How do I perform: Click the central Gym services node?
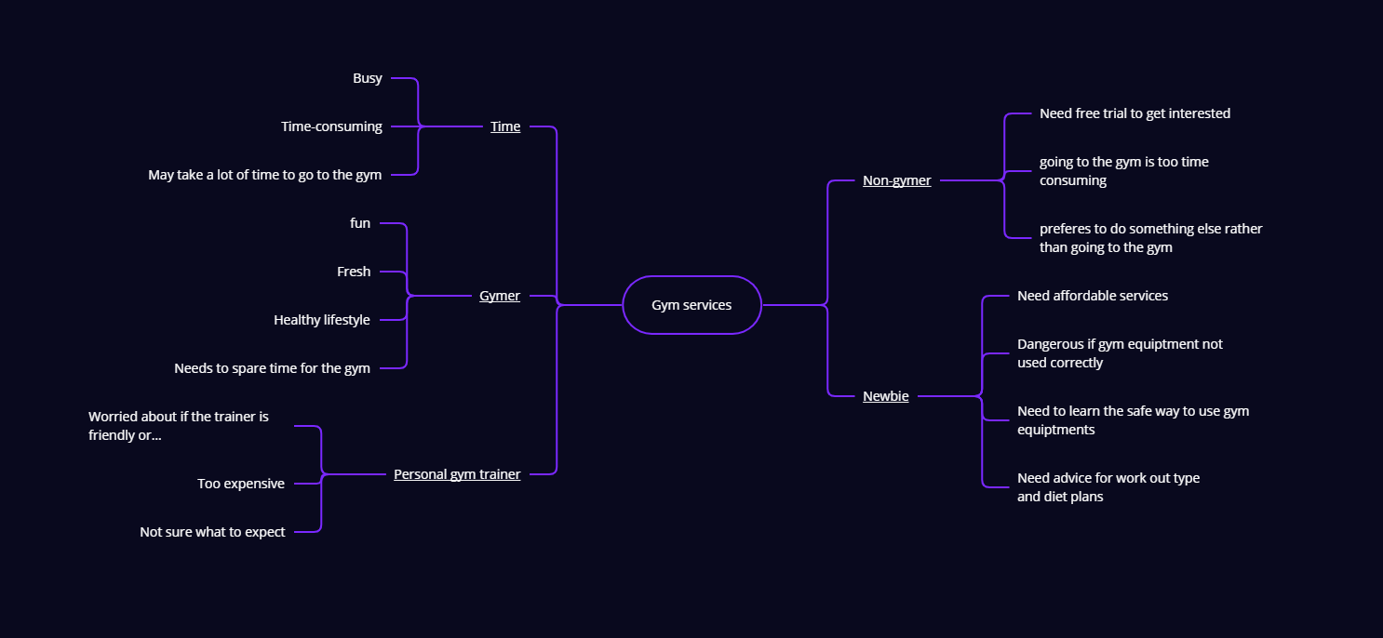(x=691, y=305)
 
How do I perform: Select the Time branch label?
(x=505, y=126)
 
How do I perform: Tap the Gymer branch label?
(x=500, y=296)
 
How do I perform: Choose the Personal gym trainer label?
(x=457, y=474)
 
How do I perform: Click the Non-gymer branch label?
(x=896, y=180)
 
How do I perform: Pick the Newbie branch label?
(x=885, y=396)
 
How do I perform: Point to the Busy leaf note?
(x=368, y=78)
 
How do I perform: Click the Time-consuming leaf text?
(x=331, y=126)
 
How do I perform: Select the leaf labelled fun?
(x=360, y=223)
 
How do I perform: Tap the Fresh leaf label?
(x=354, y=272)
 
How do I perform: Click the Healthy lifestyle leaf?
(x=322, y=320)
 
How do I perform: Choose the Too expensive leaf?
(x=241, y=484)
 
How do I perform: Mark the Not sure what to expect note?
(x=212, y=532)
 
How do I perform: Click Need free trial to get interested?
(x=1135, y=113)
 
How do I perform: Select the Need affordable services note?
(x=1093, y=296)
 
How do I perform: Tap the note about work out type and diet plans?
(x=1108, y=487)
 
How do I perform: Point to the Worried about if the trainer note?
(x=179, y=426)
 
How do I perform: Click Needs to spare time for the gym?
(x=272, y=368)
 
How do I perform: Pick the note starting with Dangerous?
(x=1120, y=353)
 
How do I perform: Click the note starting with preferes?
(x=1150, y=238)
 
